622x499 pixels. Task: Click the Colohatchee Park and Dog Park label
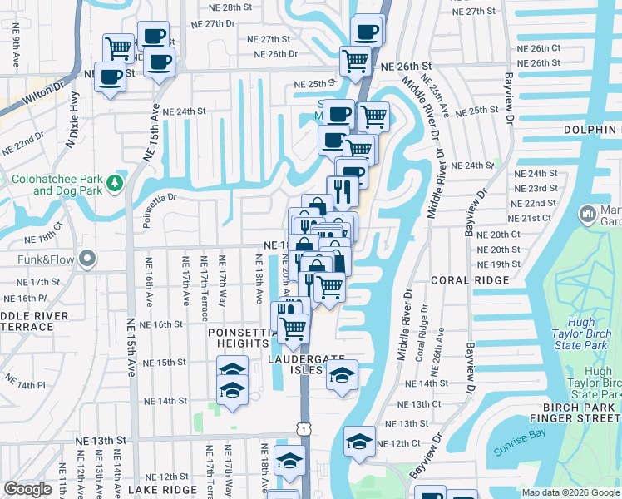[55, 184]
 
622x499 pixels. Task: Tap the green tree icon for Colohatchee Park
[119, 182]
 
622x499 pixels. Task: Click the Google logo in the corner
[28, 489]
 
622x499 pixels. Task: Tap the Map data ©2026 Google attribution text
[570, 492]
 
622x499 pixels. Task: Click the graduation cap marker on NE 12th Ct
[360, 440]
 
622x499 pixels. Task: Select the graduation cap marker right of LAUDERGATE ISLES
[341, 375]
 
